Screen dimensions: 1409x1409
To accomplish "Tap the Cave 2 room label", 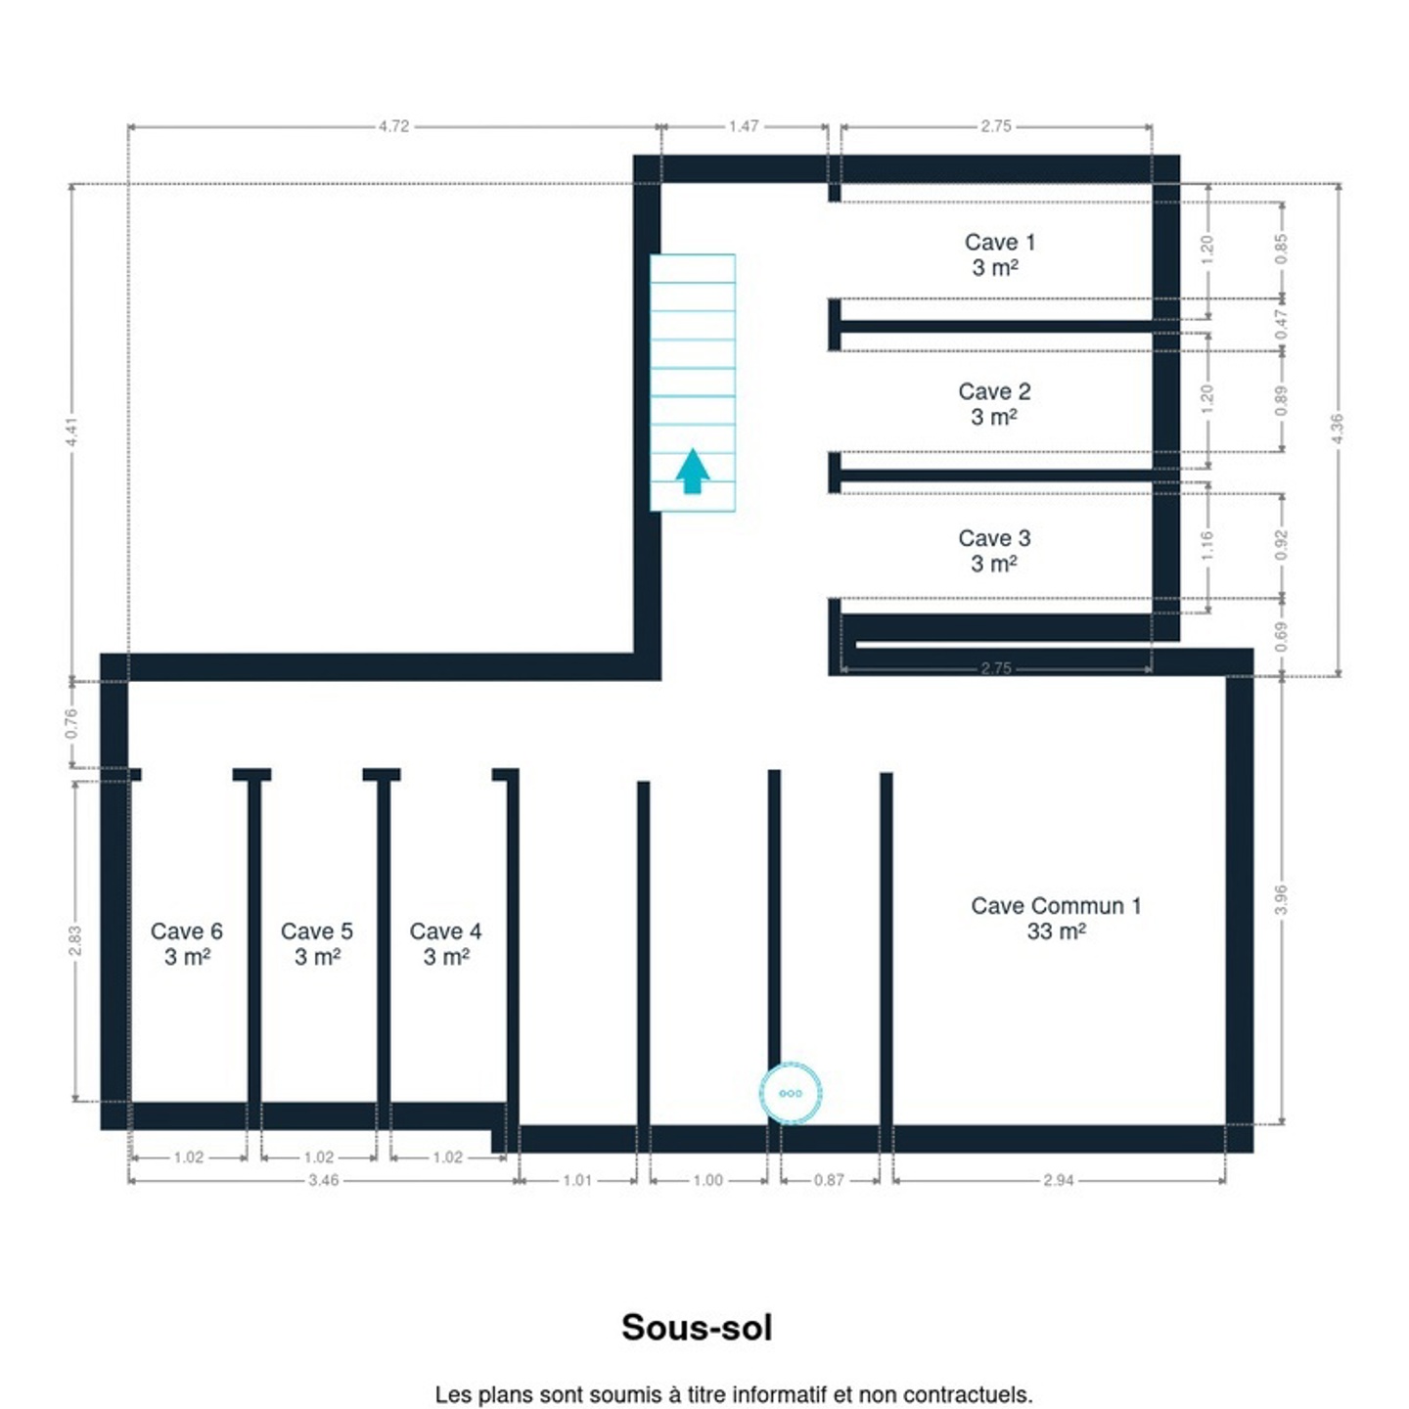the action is (994, 403).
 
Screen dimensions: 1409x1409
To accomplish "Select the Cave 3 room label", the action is (994, 551).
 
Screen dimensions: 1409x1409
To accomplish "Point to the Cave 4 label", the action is (445, 943).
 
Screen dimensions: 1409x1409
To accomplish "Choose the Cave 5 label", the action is (317, 943).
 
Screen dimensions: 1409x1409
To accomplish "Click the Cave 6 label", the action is (187, 943).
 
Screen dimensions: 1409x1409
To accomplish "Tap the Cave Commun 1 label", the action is (1055, 918).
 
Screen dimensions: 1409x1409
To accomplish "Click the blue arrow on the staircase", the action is (692, 472).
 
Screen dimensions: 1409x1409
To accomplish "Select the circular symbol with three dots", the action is (790, 1093).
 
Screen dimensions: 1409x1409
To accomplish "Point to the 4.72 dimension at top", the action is (393, 126).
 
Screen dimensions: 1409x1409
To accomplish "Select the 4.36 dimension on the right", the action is (1338, 429).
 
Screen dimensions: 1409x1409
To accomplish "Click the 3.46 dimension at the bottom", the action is (323, 1180).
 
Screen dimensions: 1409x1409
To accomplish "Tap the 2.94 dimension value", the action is (1058, 1180).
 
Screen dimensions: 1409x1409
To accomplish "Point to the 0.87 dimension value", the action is (829, 1180).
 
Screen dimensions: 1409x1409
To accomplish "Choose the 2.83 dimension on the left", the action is (75, 940).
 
